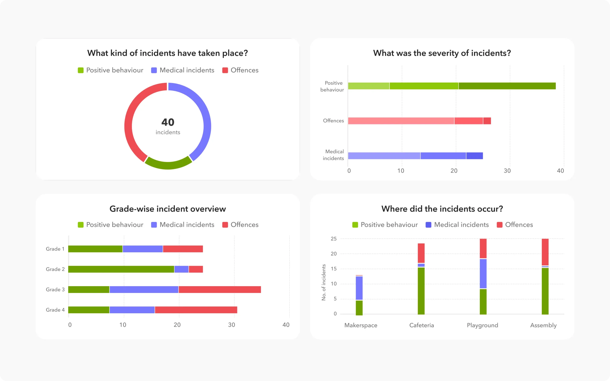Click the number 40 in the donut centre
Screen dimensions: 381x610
(x=168, y=122)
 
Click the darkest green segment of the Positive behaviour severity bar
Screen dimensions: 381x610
(x=507, y=86)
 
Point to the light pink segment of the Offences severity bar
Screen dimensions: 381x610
(x=401, y=121)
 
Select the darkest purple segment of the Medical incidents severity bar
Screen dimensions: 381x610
(x=474, y=156)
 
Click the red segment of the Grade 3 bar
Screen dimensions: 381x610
(x=219, y=290)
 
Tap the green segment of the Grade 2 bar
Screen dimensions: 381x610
(x=121, y=269)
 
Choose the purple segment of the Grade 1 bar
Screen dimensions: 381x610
(x=143, y=249)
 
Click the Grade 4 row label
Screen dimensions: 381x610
(x=55, y=310)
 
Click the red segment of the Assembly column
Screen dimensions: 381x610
(x=545, y=252)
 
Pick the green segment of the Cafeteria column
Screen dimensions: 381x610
(x=421, y=291)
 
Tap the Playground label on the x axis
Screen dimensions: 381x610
(x=482, y=325)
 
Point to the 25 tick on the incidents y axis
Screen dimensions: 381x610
(x=334, y=239)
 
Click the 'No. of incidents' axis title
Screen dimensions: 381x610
(x=324, y=282)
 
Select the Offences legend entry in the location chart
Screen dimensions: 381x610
(x=515, y=225)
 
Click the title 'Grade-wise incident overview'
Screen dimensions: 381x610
(x=168, y=209)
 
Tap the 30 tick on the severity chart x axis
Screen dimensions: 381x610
(x=507, y=171)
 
